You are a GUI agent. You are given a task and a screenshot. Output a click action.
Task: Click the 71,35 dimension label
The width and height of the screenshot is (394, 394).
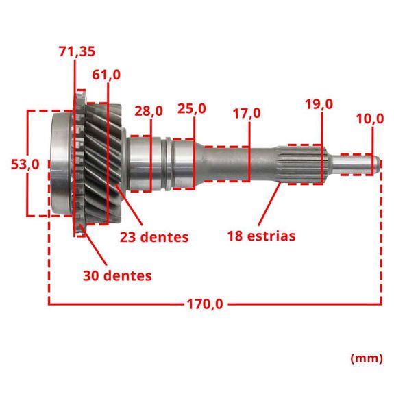click(77, 51)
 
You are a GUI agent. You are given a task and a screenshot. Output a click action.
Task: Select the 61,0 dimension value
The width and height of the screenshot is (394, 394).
click(106, 75)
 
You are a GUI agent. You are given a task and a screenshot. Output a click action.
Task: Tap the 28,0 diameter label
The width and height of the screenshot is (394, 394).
click(149, 111)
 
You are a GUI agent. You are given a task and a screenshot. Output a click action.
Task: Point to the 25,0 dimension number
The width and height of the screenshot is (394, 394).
click(192, 109)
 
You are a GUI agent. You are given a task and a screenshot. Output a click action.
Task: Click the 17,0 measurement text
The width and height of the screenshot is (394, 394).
click(247, 113)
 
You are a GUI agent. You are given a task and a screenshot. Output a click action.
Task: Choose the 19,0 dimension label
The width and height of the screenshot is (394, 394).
click(319, 104)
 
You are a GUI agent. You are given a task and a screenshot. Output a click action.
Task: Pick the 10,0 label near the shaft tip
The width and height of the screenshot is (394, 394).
click(370, 119)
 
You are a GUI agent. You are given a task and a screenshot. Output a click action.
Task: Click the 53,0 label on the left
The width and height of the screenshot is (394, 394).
click(25, 165)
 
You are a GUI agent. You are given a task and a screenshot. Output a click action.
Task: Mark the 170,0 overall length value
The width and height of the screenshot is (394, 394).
click(205, 304)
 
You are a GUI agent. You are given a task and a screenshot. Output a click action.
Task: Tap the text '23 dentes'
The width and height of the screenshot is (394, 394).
click(154, 237)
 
